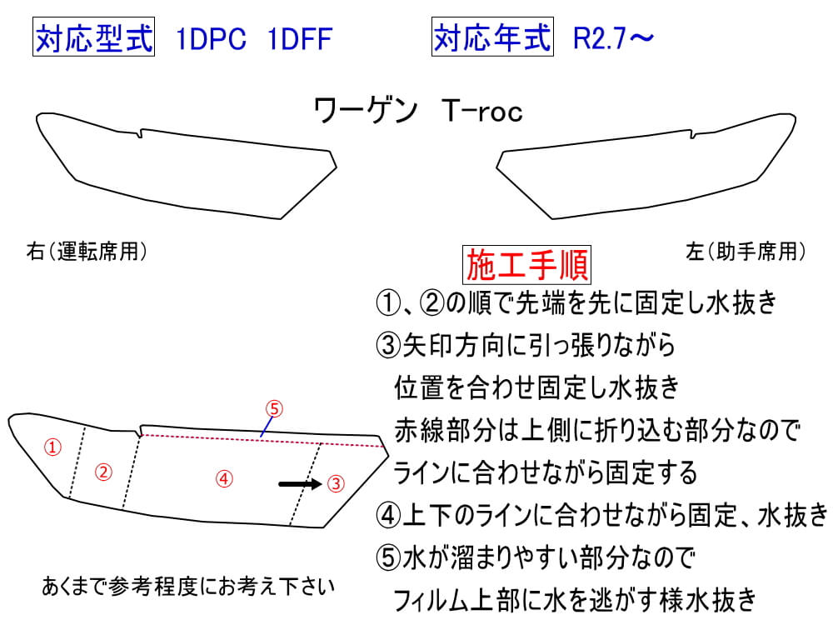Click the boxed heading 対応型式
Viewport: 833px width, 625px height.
[93, 37]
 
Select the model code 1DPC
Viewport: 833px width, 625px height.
[211, 39]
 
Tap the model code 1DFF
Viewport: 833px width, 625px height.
[300, 39]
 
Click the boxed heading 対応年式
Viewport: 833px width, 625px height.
[492, 37]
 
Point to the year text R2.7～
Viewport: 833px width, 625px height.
[614, 38]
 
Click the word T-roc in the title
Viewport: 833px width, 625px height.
[481, 111]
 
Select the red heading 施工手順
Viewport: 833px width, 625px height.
[527, 264]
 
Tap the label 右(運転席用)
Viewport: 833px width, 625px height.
[87, 252]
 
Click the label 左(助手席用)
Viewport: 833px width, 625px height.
[746, 252]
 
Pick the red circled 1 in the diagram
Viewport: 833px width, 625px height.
[52, 447]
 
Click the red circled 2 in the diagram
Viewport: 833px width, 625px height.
[103, 472]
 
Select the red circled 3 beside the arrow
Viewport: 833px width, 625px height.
[336, 483]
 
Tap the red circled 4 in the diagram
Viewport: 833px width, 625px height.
[224, 479]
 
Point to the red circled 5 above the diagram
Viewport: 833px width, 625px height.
[274, 408]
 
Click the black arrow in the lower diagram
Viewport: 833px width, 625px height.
[300, 483]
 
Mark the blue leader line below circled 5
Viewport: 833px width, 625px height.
[267, 427]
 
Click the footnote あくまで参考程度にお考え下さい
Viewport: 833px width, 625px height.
[188, 586]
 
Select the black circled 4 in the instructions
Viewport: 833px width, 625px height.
[388, 515]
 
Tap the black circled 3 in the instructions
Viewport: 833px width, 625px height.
[388, 345]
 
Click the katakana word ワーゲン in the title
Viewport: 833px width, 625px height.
[366, 111]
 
